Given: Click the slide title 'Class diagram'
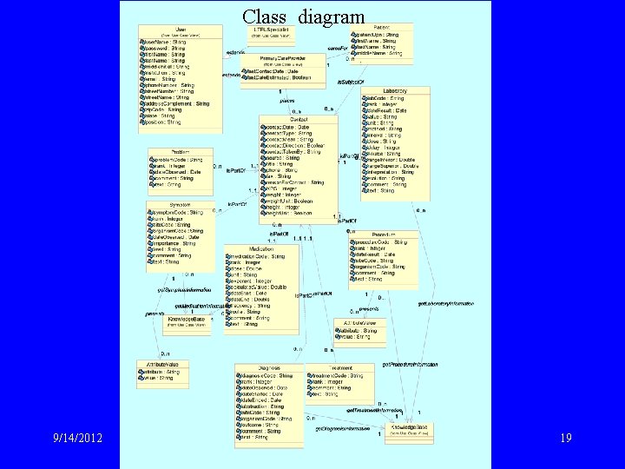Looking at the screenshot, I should pos(304,16).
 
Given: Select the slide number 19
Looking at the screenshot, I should pos(565,439).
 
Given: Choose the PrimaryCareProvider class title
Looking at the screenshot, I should pos(283,58).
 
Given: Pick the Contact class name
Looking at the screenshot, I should pos(298,119).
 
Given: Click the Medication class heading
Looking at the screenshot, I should pos(261,249).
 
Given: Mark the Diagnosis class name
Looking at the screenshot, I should pos(271,368).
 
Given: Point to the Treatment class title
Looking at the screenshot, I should pos(340,368).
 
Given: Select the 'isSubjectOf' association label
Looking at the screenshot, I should pos(350,80).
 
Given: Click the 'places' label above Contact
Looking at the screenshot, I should pos(287,100).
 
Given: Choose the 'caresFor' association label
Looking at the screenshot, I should pos(338,47).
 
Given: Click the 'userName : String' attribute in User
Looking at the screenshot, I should pos(168,41).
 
